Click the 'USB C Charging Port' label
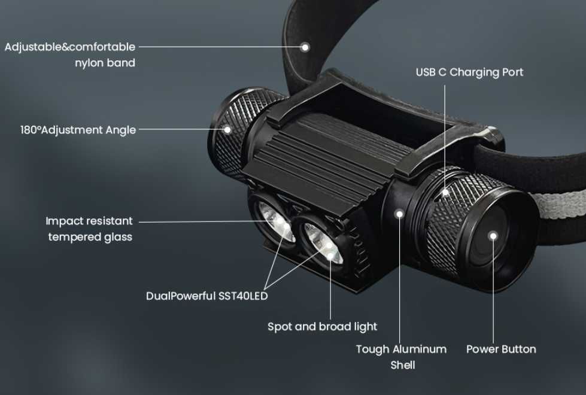click(469, 72)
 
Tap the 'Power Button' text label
click(501, 349)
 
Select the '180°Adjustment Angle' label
click(78, 130)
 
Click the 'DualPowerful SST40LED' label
click(207, 296)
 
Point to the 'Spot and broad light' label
click(323, 327)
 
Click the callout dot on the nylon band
click(305, 47)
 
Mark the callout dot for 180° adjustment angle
click(227, 130)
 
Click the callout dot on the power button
click(493, 236)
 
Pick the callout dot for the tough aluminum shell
click(399, 214)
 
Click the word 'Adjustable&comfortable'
click(70, 47)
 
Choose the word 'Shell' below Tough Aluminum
click(403, 365)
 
